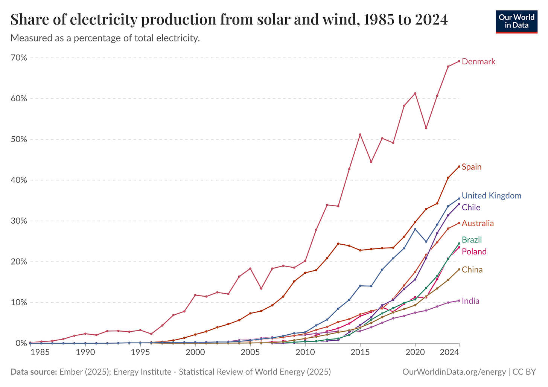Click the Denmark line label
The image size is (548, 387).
478,62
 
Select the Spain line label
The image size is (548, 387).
471,167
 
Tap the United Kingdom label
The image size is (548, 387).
491,196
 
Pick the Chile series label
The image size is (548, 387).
471,207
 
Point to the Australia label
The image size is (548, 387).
478,223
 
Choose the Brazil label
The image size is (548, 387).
472,240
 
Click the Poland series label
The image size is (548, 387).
474,251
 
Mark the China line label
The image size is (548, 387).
472,270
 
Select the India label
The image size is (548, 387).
470,301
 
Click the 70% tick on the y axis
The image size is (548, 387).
19,58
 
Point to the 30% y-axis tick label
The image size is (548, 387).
19,221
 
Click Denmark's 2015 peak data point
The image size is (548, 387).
360,134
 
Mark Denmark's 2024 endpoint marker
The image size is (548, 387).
459,61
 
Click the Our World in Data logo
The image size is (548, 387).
516,21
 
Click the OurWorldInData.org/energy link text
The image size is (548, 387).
454,372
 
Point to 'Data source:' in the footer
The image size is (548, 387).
33,372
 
